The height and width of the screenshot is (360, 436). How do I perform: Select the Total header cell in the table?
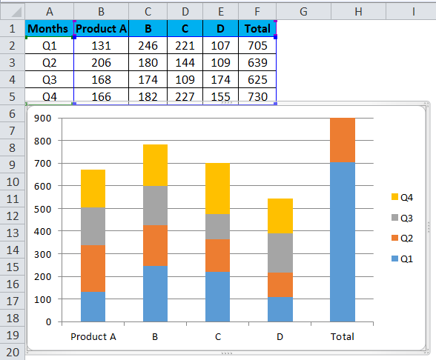coord(257,28)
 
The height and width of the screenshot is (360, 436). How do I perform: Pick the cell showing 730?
coord(257,96)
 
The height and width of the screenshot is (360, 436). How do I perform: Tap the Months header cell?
coord(49,28)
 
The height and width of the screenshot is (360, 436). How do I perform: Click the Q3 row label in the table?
coord(49,79)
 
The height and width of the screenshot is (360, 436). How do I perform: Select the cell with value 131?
coord(101,44)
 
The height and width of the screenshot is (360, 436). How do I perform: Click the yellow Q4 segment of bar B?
coord(155,164)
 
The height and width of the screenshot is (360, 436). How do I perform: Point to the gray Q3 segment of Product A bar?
coord(93,226)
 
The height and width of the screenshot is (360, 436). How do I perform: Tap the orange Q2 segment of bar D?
coord(280,284)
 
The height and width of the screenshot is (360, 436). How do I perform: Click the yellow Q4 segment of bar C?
coord(218,188)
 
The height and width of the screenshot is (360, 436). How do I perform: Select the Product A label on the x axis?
coord(93,336)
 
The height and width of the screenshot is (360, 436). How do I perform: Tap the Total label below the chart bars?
coord(343,336)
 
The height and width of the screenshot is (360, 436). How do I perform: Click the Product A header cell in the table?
coord(101,28)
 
